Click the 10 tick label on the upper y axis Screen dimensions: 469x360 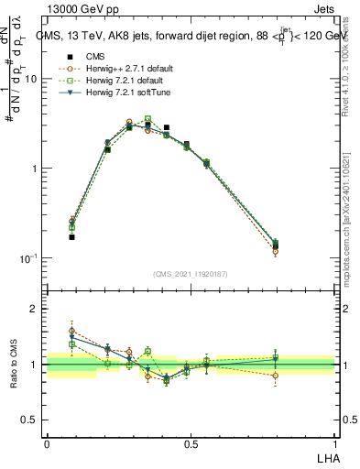tap(30, 79)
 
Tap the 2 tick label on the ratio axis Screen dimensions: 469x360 tap(34, 309)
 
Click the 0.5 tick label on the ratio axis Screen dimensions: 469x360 tap(30, 420)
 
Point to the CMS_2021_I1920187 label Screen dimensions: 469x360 tap(190, 274)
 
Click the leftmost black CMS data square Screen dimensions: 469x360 tap(72, 237)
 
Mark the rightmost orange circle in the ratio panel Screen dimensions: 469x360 tap(276, 375)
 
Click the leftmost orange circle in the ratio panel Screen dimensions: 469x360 tap(72, 331)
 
